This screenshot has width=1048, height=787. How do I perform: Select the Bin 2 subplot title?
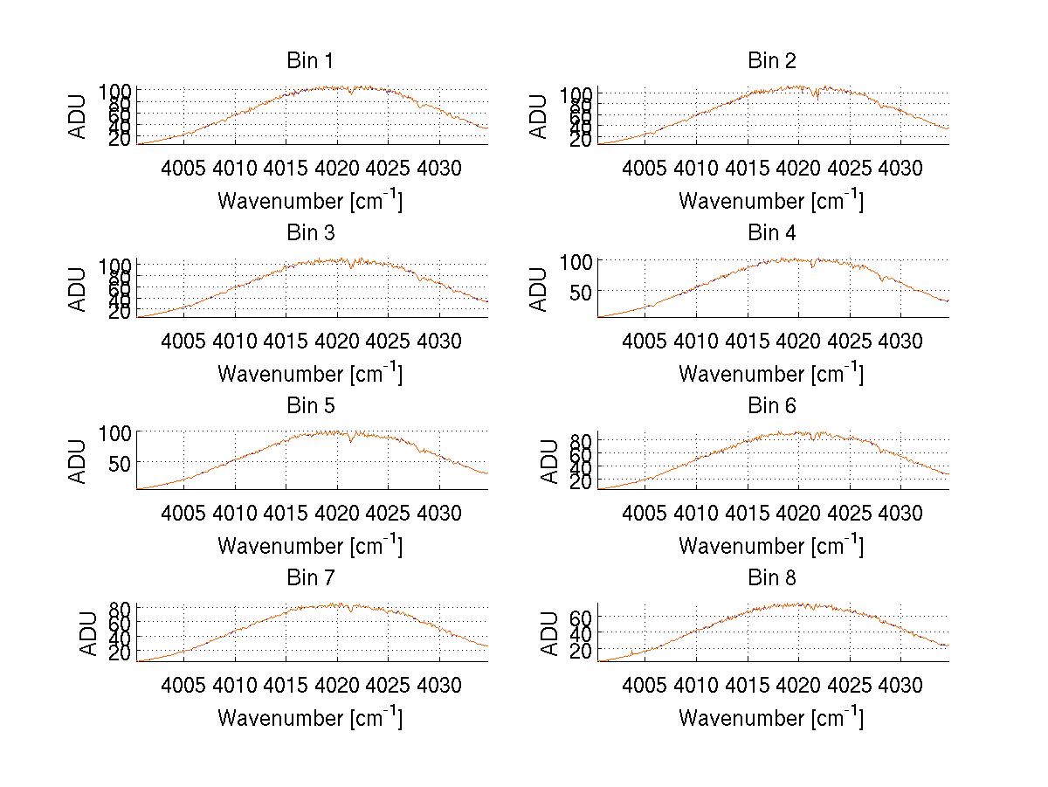771,60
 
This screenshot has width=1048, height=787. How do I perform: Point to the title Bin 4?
771,232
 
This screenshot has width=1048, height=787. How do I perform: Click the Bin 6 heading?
771,405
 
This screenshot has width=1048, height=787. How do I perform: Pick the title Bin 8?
771,577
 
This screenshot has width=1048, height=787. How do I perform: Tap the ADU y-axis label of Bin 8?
550,633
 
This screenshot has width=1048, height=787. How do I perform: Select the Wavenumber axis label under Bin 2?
771,200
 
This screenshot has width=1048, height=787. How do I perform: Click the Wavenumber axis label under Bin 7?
309,717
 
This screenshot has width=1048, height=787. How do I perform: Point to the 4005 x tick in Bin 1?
184,167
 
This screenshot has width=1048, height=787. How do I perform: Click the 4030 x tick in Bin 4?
900,340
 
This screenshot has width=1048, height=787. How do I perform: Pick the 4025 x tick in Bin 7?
388,684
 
